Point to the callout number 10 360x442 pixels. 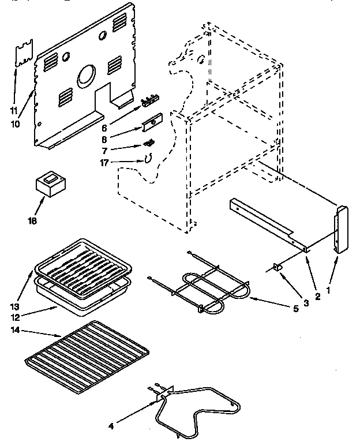click(x=14, y=124)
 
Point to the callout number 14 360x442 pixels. click(x=15, y=329)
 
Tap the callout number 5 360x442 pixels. click(x=295, y=309)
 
